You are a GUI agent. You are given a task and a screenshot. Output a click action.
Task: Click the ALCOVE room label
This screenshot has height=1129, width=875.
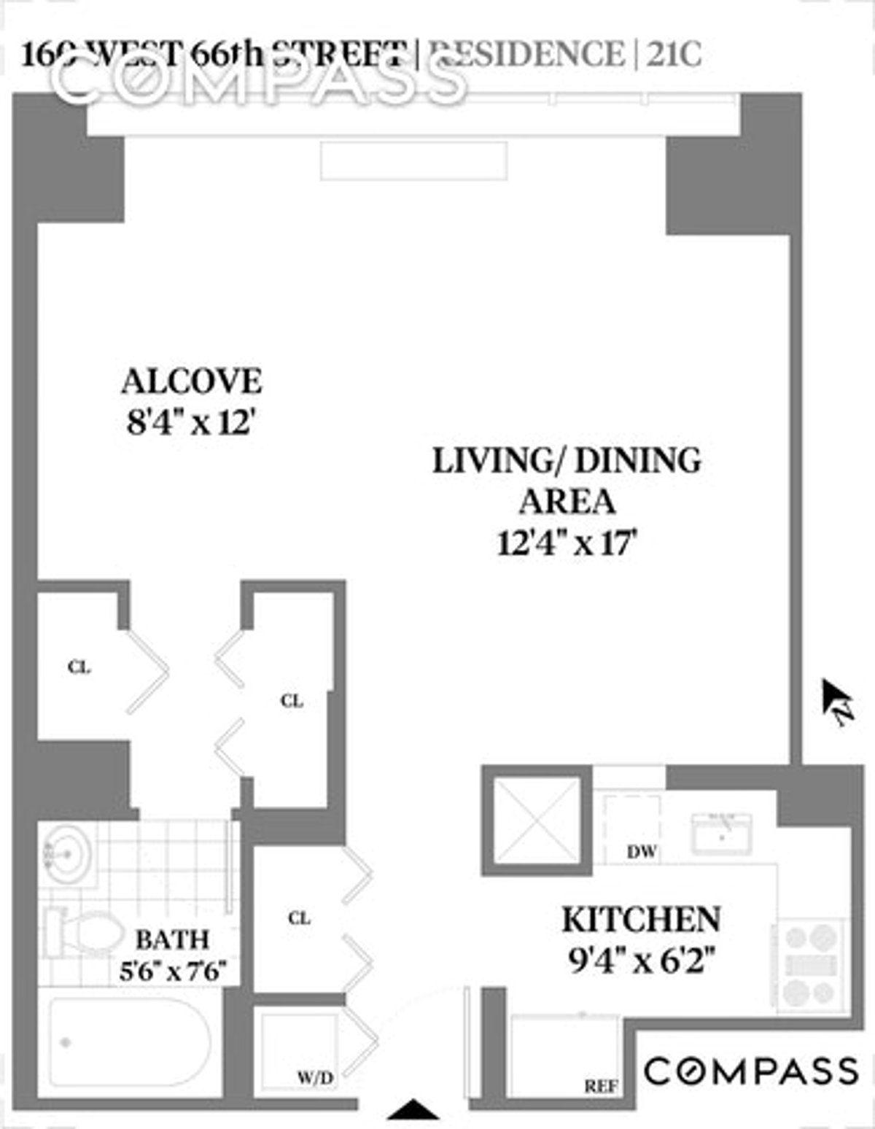(x=192, y=382)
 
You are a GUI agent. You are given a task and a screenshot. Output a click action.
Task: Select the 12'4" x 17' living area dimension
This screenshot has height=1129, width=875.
(x=567, y=543)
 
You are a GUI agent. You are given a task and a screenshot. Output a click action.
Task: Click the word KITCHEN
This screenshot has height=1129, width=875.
(x=641, y=920)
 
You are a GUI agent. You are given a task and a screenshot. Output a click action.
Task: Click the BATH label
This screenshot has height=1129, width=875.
(x=173, y=939)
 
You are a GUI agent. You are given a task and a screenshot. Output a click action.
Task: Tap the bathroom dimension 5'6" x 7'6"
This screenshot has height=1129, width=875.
(x=174, y=971)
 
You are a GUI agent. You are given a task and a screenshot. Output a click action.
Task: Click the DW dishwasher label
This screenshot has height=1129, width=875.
(x=642, y=851)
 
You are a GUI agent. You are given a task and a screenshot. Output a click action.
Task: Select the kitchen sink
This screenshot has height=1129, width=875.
(x=721, y=831)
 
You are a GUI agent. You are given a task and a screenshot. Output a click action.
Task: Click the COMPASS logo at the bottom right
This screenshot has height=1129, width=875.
(x=751, y=1071)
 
